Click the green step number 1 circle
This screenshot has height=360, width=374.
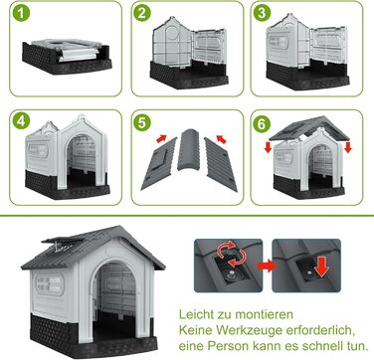[x=21, y=13]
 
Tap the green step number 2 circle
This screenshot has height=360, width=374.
[x=142, y=13]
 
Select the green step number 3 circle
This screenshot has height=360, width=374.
[x=262, y=13]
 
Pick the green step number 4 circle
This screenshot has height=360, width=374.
[x=21, y=122]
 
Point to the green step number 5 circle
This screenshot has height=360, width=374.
[x=142, y=122]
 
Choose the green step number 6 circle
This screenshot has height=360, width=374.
[x=262, y=124]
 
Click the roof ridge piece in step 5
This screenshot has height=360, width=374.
[x=189, y=149]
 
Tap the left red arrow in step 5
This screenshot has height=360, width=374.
[x=161, y=138]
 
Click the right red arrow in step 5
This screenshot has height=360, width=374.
[x=221, y=139]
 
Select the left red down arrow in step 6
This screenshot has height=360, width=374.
[x=269, y=147]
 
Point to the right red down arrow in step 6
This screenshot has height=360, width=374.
[x=348, y=147]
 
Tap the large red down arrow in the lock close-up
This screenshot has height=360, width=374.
[x=321, y=268]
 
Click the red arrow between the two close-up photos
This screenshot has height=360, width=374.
[x=268, y=266]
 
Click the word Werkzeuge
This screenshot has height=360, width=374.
[x=252, y=330]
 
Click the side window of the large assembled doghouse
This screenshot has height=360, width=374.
[x=50, y=283]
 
